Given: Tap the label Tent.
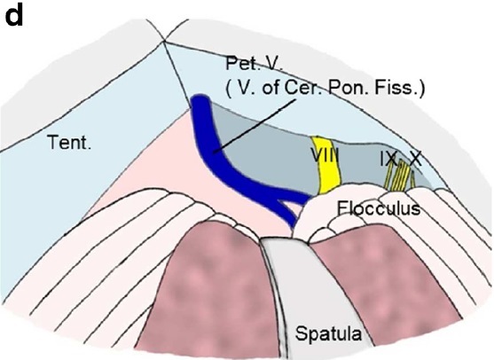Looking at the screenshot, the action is tap(70, 142).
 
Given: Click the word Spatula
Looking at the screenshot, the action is tap(328, 334).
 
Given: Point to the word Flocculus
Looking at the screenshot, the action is tap(379, 208).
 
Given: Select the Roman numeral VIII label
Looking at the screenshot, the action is tap(325, 154).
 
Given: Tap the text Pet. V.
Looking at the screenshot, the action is tap(255, 64).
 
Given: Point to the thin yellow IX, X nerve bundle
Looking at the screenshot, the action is tap(399, 177).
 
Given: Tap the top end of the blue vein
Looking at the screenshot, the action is tap(200, 97).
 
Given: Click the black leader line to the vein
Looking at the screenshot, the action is tap(255, 126).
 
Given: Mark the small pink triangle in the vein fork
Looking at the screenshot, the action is tap(293, 207).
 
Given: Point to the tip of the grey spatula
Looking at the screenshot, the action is tap(284, 239).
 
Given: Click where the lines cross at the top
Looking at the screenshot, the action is tap(164, 41).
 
